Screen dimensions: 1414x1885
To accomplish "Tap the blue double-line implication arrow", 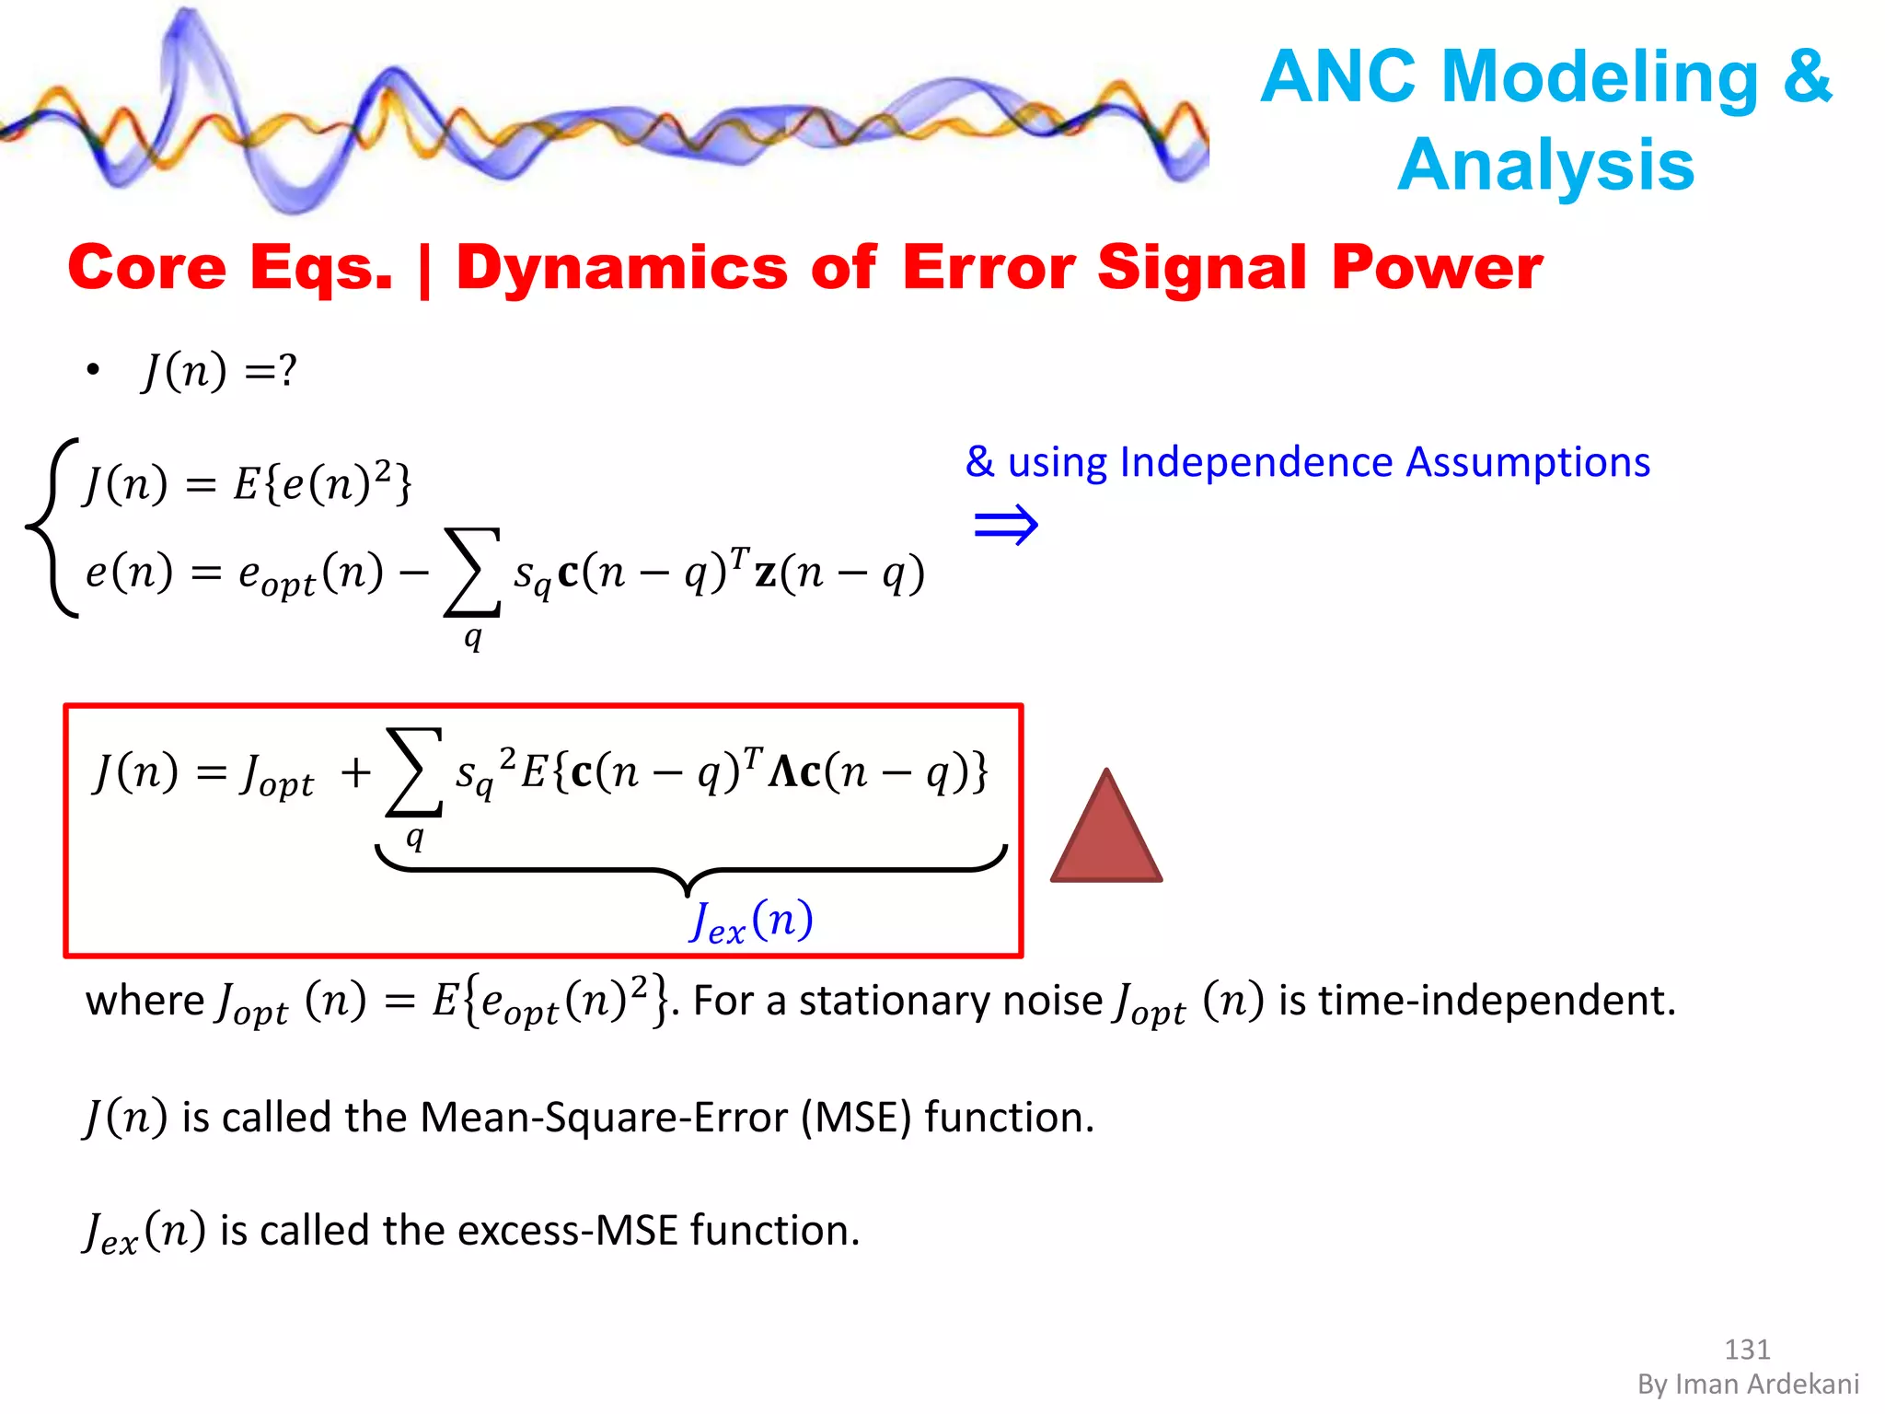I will click(1006, 526).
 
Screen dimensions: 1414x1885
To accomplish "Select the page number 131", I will click(1747, 1349).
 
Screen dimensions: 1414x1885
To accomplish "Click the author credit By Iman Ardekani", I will click(1748, 1384).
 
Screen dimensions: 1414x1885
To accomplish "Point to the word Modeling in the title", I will click(1600, 76).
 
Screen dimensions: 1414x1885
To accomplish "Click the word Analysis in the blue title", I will click(1546, 166).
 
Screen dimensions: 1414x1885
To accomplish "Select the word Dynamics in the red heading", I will click(622, 268).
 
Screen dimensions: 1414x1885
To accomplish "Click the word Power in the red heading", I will click(1437, 268).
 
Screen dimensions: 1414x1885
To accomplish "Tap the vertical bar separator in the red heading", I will click(424, 270).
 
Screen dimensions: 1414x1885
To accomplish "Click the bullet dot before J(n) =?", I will click(92, 371).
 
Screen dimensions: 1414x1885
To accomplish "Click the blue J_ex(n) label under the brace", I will click(751, 921).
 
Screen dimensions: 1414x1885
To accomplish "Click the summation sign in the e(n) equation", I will click(472, 572).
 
